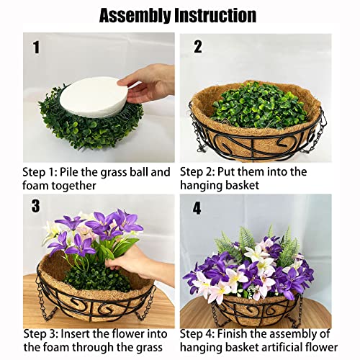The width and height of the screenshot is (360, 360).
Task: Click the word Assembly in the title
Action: (x=135, y=15)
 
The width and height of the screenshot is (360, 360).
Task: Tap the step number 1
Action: (x=35, y=49)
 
